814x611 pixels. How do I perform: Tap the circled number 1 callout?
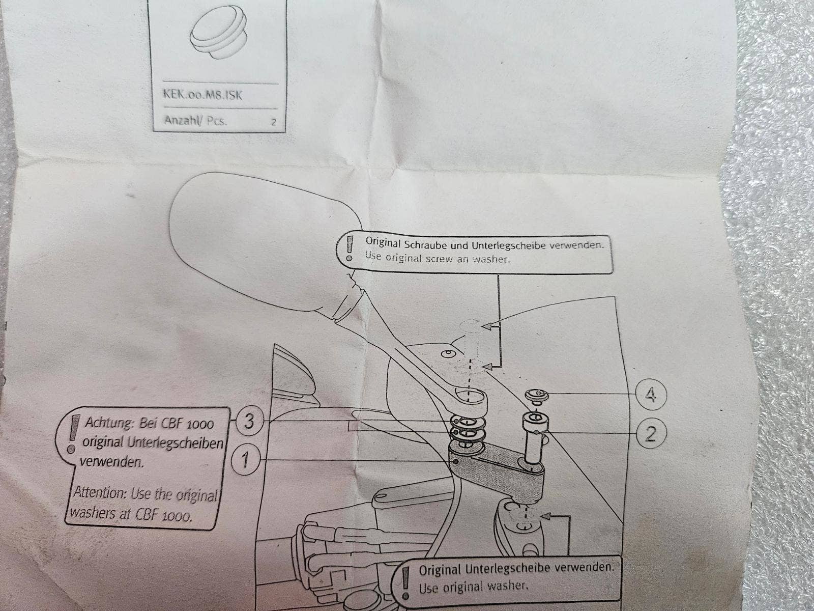[245, 461]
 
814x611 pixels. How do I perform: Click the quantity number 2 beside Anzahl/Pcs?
[274, 123]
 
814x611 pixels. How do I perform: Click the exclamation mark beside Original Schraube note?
[349, 249]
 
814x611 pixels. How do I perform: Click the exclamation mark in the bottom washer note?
[405, 581]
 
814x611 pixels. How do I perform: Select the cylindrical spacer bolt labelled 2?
[534, 438]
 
